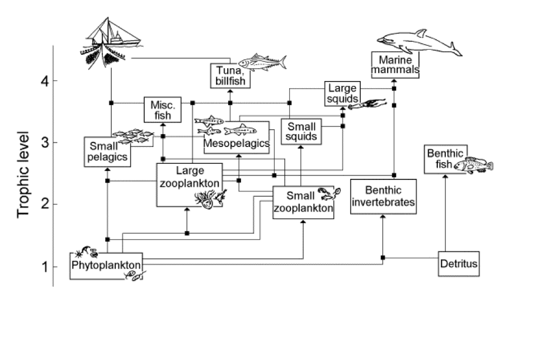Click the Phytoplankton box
point(105,266)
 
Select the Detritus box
point(459,263)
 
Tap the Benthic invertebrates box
point(384,196)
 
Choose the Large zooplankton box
point(189,184)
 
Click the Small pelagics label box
point(107,151)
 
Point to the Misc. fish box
point(163,110)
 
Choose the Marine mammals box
point(395,65)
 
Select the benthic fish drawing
point(473,165)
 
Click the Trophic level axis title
point(23,173)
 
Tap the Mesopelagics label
point(237,144)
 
